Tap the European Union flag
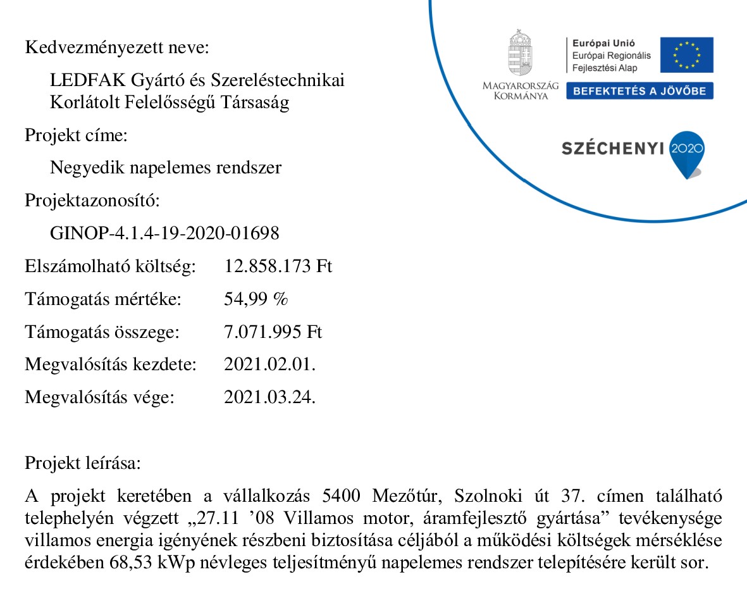[686, 55]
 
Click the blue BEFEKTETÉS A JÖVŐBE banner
[639, 91]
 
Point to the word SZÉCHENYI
[612, 149]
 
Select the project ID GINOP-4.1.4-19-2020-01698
[164, 234]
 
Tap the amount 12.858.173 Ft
[278, 266]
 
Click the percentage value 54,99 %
[256, 299]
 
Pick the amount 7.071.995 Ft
[273, 332]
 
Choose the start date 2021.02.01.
[270, 365]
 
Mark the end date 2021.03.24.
[270, 398]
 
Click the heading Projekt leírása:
[83, 463]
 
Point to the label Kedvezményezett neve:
[116, 47]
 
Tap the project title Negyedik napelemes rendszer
[166, 168]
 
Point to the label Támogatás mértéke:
[103, 299]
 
